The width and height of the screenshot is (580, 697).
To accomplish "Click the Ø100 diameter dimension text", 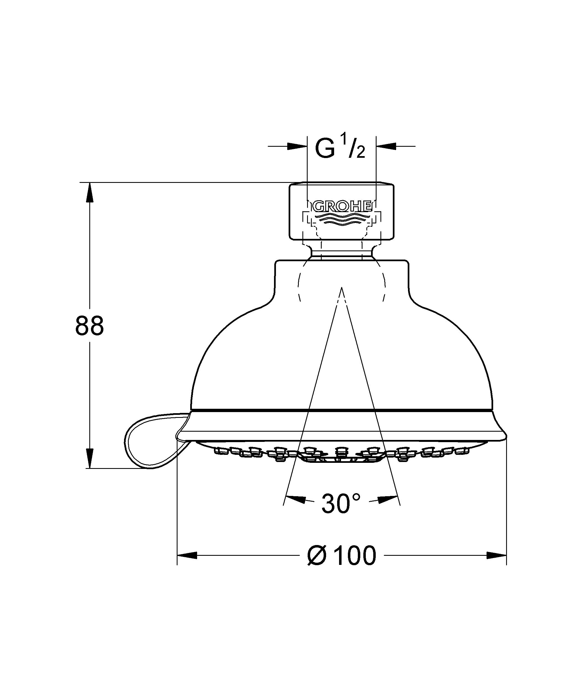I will click(342, 556).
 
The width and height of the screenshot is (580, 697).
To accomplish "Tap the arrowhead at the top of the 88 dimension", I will click(89, 193).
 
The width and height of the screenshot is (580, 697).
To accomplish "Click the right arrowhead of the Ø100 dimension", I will click(496, 555).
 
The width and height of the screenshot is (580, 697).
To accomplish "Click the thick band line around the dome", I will click(342, 411).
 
